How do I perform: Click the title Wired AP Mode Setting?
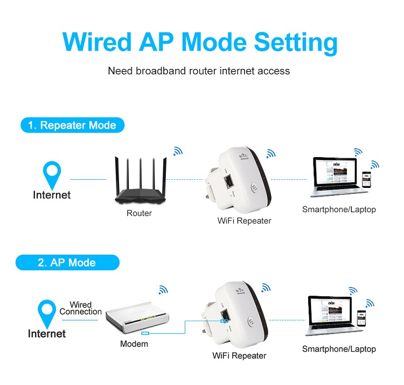200,41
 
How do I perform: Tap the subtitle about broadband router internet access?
199,71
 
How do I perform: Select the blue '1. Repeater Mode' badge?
72,125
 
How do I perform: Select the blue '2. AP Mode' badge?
67,263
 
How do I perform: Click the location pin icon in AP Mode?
47,313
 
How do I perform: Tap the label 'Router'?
139,213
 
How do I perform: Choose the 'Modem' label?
134,344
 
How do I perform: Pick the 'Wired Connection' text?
81,308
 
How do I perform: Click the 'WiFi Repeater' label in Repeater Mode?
244,221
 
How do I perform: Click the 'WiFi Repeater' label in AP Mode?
239,355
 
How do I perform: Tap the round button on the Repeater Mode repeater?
254,190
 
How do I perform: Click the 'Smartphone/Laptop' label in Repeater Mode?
339,209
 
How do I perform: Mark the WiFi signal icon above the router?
177,152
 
